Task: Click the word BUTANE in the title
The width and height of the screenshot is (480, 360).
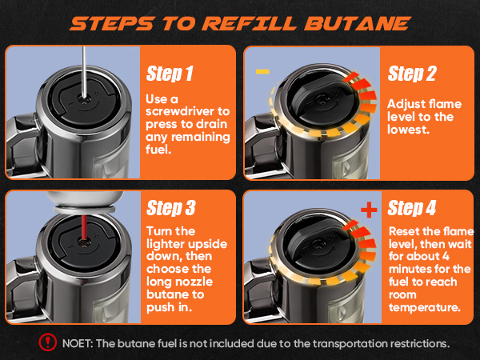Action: (357, 23)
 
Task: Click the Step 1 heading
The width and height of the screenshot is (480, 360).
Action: (170, 74)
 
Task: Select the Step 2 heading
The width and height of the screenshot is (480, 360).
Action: (412, 74)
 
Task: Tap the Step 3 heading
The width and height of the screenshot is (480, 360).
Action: (171, 208)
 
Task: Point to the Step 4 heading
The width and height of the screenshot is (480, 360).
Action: (412, 208)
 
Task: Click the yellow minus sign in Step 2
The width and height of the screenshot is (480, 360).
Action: (262, 72)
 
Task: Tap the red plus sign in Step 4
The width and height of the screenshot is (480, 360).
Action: (369, 210)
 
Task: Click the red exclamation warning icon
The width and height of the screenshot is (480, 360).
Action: (48, 342)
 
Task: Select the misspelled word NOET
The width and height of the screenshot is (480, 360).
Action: (78, 343)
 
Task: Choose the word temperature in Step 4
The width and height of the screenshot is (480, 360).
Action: (425, 307)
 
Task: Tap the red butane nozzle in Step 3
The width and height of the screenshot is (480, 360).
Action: (83, 228)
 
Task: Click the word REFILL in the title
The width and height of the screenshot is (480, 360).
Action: (249, 23)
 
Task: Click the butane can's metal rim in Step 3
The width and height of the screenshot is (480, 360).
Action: (84, 210)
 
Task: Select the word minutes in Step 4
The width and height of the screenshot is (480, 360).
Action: (409, 270)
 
